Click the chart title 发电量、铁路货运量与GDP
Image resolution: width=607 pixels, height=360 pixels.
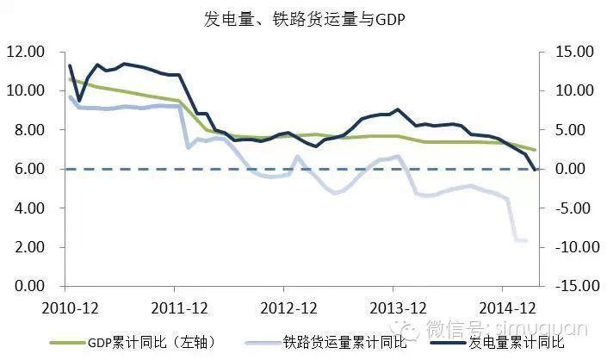point(304,19)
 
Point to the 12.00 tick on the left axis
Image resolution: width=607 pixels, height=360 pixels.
point(25,52)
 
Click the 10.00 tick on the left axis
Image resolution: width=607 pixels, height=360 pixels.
point(25,90)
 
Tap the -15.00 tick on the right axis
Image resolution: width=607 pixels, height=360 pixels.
point(571,286)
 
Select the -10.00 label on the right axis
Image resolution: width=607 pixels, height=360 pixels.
point(571,247)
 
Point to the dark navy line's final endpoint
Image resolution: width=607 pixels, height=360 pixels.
point(536,170)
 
